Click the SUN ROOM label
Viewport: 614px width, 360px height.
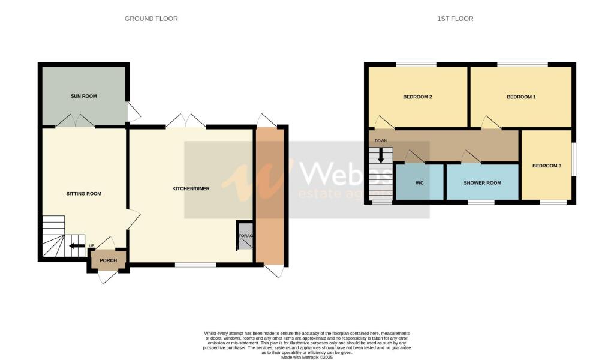pyautogui.click(x=83, y=96)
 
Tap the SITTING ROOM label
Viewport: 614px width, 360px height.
pyautogui.click(x=83, y=194)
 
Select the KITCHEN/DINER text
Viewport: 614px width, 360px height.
pyautogui.click(x=190, y=189)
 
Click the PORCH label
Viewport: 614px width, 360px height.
pyautogui.click(x=108, y=260)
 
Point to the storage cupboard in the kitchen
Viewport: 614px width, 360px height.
pyautogui.click(x=245, y=236)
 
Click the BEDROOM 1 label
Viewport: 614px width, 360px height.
pyautogui.click(x=521, y=97)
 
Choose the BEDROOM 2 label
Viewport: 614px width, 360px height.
pyautogui.click(x=417, y=97)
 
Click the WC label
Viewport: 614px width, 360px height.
pyautogui.click(x=420, y=182)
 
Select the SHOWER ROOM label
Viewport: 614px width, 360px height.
pyautogui.click(x=482, y=182)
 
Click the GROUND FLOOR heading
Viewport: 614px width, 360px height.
pyautogui.click(x=151, y=19)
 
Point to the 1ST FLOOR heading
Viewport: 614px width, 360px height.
pyautogui.click(x=455, y=19)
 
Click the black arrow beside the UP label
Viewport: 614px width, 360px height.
pyautogui.click(x=77, y=245)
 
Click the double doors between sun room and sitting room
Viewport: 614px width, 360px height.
pyautogui.click(x=76, y=121)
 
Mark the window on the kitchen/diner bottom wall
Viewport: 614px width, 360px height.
pyautogui.click(x=195, y=265)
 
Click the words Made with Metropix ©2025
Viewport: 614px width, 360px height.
pyautogui.click(x=306, y=356)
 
